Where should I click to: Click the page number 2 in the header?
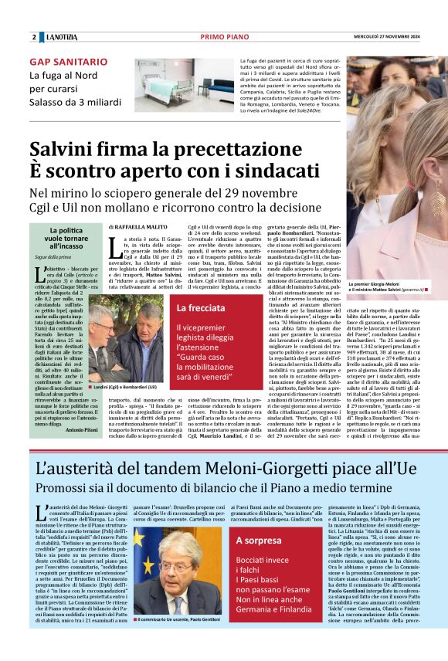[x=34, y=37]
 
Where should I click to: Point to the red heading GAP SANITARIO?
[x=69, y=61]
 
